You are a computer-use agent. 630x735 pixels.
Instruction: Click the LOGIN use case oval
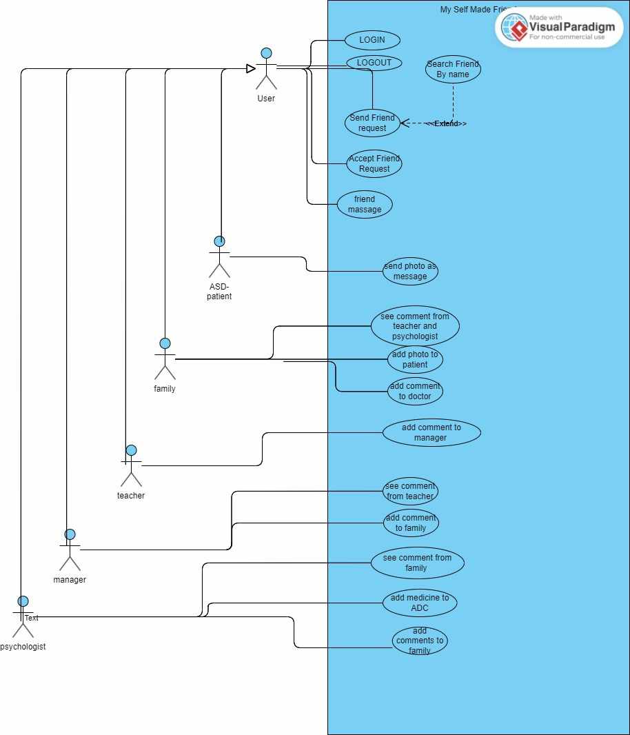[372, 40]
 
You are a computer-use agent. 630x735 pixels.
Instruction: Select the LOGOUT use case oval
[374, 63]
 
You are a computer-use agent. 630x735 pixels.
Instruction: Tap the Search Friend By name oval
[453, 70]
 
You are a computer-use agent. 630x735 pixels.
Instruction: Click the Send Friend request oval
[372, 123]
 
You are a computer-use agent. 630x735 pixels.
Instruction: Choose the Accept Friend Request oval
[374, 163]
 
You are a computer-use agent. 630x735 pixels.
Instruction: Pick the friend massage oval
[365, 205]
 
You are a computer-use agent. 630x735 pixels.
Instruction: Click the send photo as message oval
[410, 272]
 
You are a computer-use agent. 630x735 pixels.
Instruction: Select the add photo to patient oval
[415, 359]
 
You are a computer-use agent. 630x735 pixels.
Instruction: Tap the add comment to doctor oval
[415, 391]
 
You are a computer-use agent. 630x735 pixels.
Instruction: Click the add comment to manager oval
[431, 432]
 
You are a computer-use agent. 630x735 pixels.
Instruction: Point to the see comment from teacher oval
[410, 491]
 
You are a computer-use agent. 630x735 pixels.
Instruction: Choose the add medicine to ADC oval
[420, 603]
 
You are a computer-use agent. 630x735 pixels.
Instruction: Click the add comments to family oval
[420, 641]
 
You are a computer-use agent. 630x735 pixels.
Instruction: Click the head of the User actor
[266, 53]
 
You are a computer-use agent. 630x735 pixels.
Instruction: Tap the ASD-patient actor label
[219, 292]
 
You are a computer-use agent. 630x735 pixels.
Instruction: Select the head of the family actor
[165, 343]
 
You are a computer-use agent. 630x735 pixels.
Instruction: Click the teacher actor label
[131, 495]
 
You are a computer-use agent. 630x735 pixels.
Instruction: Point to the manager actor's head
[70, 534]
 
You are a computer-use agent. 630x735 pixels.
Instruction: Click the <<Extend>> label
[446, 123]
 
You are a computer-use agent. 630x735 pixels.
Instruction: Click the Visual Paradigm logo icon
[514, 28]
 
